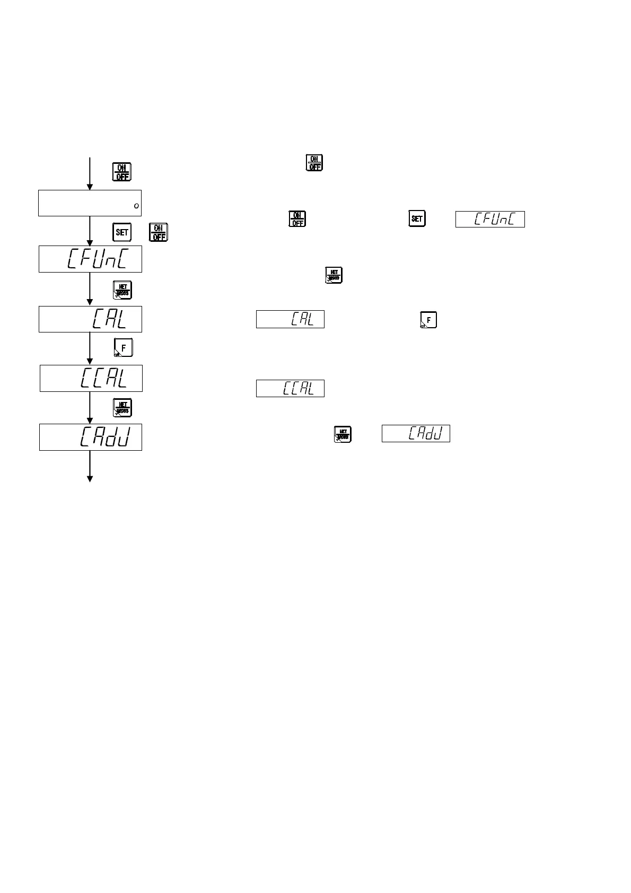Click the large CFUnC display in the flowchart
(x=90, y=259)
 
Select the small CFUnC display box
(x=490, y=220)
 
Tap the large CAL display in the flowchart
(x=90, y=319)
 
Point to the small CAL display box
(x=290, y=319)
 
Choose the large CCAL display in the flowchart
(x=91, y=378)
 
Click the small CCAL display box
(x=290, y=388)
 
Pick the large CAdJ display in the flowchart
(x=91, y=437)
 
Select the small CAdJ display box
(x=416, y=433)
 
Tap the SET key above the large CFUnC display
(x=122, y=232)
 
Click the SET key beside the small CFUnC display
(x=417, y=219)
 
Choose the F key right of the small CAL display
(x=428, y=320)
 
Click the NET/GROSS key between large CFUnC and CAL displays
(x=122, y=290)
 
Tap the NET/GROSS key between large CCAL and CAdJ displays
(x=122, y=407)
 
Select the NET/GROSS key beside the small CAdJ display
(x=343, y=434)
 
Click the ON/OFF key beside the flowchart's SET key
(x=159, y=232)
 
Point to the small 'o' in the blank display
(x=136, y=206)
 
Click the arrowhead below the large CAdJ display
(x=90, y=478)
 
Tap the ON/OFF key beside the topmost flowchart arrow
(x=122, y=172)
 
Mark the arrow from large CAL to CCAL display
(x=90, y=348)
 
